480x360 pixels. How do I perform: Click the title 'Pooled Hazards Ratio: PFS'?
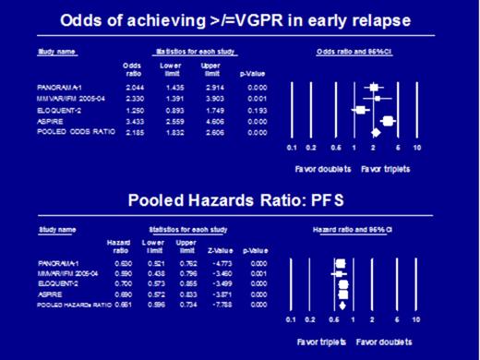(238, 197)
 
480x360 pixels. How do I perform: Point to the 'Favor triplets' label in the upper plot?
(379, 166)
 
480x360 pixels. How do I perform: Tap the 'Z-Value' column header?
(222, 249)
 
